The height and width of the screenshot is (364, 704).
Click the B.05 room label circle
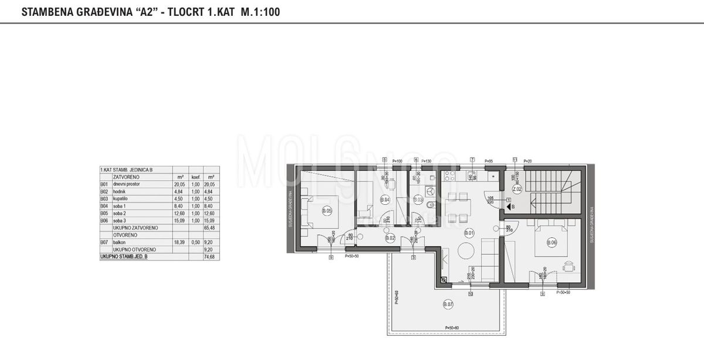[327, 210]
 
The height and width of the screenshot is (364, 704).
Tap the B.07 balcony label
[448, 304]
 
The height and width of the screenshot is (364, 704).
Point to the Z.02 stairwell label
[517, 189]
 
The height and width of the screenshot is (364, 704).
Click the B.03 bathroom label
[418, 200]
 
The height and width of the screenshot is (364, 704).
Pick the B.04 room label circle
[385, 200]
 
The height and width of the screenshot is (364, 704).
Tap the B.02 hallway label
[391, 238]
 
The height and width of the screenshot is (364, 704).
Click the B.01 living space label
[469, 232]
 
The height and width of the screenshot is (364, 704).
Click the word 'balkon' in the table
[119, 241]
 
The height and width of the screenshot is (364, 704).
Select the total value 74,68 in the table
[212, 257]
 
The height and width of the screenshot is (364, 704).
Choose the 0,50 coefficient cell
[195, 241]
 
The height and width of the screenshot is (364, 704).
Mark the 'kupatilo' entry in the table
[121, 198]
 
